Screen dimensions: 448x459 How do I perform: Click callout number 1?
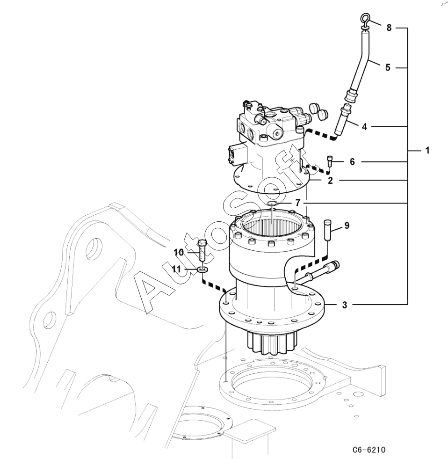tap(427, 151)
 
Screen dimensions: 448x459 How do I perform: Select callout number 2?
tap(330, 181)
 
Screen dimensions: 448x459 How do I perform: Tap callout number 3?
tap(344, 305)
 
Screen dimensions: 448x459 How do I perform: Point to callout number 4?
tap(364, 127)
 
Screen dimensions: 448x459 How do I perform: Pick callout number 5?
tap(388, 68)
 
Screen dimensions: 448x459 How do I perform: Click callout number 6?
tap(352, 161)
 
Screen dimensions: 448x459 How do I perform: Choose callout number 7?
tap(298, 203)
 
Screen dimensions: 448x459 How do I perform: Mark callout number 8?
tap(389, 28)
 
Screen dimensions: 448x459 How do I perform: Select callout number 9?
tap(347, 226)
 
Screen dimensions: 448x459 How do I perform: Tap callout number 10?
tap(179, 252)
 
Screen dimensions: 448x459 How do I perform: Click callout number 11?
tap(176, 269)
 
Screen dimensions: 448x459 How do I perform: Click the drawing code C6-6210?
tap(369, 449)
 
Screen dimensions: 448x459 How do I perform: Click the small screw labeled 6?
tap(330, 161)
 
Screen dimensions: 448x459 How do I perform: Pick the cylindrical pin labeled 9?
tap(327, 230)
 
